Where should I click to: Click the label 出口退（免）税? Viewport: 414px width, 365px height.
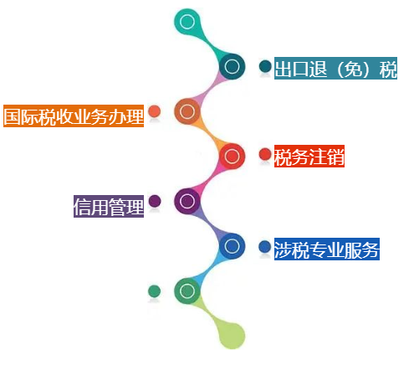coord(335,69)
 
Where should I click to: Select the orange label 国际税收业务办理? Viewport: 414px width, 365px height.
coord(74,116)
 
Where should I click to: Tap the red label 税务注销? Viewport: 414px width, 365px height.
coord(309,156)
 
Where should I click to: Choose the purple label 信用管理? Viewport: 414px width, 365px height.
coord(109,206)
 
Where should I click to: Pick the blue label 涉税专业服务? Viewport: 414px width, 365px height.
coord(327,249)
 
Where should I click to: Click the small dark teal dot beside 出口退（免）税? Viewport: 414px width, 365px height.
coord(265,66)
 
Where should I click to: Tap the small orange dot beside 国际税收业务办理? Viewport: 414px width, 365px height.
coord(154,111)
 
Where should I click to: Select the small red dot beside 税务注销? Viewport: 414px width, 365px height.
coord(265,154)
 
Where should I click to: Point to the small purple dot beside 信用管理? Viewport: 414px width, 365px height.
coord(155,201)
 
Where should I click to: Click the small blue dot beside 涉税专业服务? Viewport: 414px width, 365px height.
coord(265,247)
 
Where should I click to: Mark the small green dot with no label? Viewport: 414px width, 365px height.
coord(154,291)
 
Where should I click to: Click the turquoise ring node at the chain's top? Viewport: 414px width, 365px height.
coord(187,22)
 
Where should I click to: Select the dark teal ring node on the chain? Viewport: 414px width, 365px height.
coord(232,66)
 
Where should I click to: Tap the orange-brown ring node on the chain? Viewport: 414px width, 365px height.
coord(187,111)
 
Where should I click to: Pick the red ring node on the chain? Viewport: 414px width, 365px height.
coord(232,156)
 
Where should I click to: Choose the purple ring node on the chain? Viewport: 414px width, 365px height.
coord(187,201)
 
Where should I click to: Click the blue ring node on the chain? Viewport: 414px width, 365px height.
coord(232,246)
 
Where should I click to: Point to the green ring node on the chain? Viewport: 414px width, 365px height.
coord(187,290)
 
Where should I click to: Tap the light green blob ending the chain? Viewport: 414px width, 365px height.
coord(232,336)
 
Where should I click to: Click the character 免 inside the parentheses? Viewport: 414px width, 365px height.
coord(353,69)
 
